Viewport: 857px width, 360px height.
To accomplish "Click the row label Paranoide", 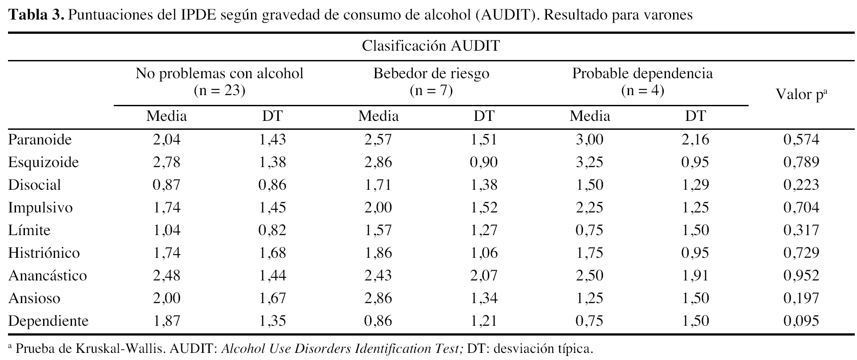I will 40,140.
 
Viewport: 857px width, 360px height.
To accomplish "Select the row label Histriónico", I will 44,253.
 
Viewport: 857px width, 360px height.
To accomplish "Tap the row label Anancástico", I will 48,276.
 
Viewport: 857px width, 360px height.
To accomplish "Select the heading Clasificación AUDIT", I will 431,46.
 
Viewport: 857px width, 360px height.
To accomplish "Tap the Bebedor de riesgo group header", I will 431,73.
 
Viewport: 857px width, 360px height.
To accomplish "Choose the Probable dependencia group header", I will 642,73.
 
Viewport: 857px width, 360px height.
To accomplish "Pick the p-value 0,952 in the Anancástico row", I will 801,276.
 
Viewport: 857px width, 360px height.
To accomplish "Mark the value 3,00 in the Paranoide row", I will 590,140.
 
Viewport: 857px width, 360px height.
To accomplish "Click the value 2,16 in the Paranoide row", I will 695,140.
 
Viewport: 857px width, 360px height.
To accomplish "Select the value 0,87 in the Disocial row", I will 167,185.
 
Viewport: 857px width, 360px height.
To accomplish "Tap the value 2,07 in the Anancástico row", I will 484,276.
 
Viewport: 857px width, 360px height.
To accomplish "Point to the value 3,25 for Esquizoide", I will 590,163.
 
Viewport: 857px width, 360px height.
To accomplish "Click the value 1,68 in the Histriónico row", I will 272,253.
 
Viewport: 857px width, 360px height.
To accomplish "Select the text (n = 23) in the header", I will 219,91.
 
